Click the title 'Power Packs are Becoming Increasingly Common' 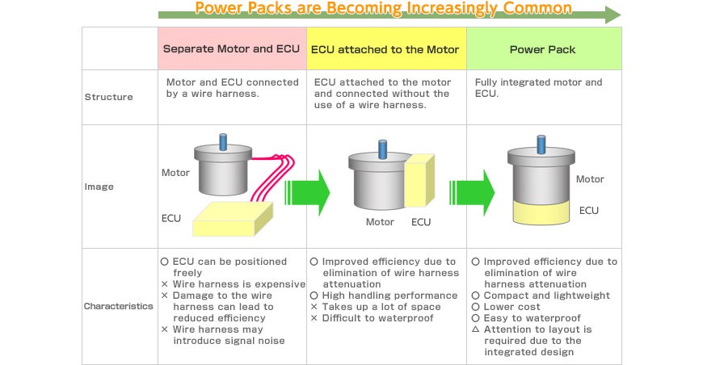pyautogui.click(x=383, y=9)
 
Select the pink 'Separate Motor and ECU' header pyautogui.click(x=232, y=48)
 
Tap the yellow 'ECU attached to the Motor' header pyautogui.click(x=386, y=48)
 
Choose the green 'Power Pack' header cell pyautogui.click(x=544, y=48)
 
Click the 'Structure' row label pyautogui.click(x=109, y=97)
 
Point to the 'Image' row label pyautogui.click(x=99, y=187)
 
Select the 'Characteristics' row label pyautogui.click(x=118, y=306)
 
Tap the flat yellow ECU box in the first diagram pyautogui.click(x=233, y=219)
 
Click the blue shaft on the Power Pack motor pyautogui.click(x=541, y=145)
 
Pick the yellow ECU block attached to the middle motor pyautogui.click(x=419, y=181)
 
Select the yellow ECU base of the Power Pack pyautogui.click(x=541, y=212)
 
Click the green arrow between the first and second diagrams pyautogui.click(x=307, y=192)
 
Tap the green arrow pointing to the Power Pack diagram pyautogui.click(x=472, y=192)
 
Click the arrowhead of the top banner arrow pyautogui.click(x=612, y=15)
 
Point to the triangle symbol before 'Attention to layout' pyautogui.click(x=476, y=329)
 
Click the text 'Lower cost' pyautogui.click(x=511, y=307)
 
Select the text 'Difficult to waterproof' pyautogui.click(x=377, y=318)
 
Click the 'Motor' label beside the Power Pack pyautogui.click(x=590, y=179)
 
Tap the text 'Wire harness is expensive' pyautogui.click(x=239, y=284)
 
